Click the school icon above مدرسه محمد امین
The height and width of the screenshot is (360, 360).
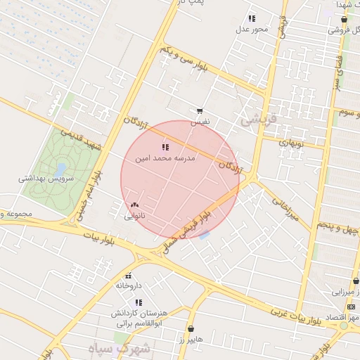tap(165, 147)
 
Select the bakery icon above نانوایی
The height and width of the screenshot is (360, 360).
tap(134, 205)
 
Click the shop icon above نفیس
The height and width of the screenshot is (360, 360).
tap(200, 111)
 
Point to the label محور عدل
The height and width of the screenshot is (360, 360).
tap(251, 29)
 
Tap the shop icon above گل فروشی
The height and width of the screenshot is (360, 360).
tap(343, 20)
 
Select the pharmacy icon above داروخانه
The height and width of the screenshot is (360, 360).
tap(128, 276)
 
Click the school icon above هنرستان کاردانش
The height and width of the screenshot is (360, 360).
tap(139, 302)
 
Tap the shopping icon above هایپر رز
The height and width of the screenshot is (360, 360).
tap(191, 328)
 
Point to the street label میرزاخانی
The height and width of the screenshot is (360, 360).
tap(290, 209)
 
